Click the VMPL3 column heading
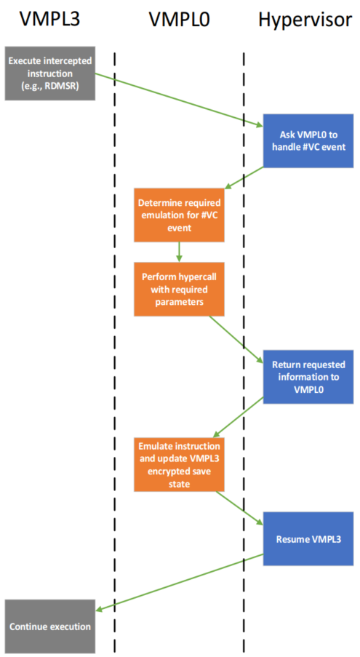[49, 19]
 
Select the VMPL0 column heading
[180, 19]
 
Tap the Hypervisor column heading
[305, 19]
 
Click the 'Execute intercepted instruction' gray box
[50, 73]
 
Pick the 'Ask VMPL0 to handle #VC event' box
[308, 141]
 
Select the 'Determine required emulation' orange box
[179, 215]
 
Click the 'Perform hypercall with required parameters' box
[179, 289]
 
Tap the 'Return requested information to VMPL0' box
[308, 377]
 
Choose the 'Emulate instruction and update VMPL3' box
[179, 464]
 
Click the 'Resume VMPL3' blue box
[308, 538]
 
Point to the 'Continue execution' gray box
[50, 626]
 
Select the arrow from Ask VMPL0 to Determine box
[244, 178]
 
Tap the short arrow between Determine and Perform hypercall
[179, 252]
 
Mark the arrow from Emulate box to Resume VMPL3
[239, 508]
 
